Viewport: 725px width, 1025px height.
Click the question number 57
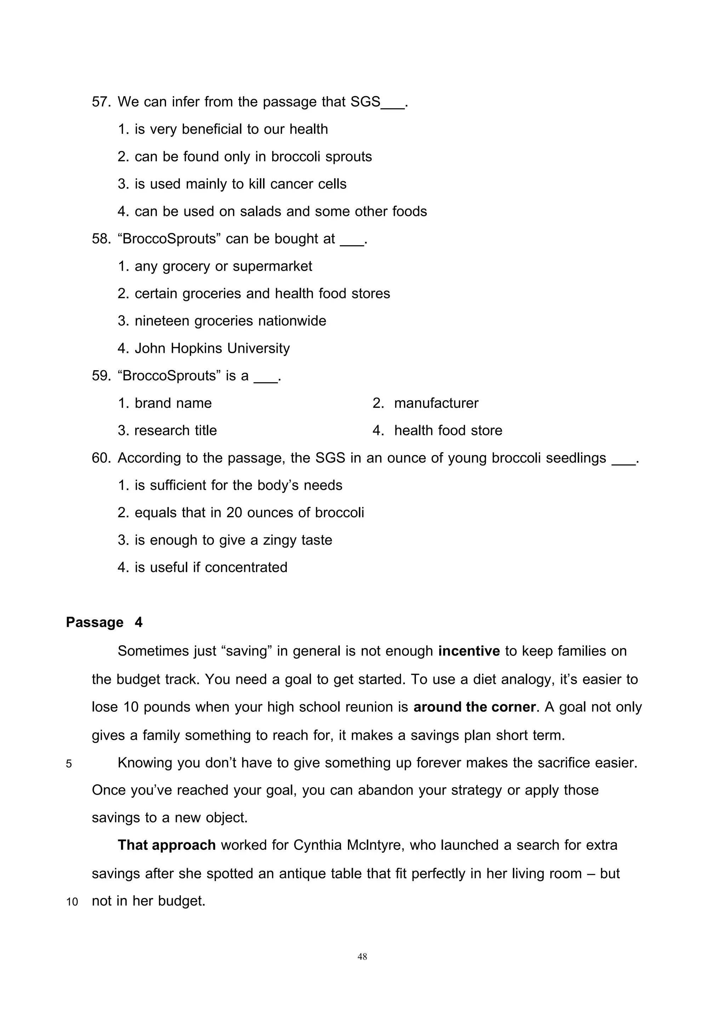(x=101, y=102)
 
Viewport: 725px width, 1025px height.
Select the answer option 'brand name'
(x=173, y=403)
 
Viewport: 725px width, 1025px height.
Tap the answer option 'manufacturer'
(x=436, y=403)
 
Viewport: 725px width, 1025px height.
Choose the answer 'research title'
(x=176, y=430)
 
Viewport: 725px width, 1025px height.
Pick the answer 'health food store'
(x=448, y=430)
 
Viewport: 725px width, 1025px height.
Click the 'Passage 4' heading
(x=104, y=622)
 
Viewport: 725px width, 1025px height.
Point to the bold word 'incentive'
(x=469, y=651)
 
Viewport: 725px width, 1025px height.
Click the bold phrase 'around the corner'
(x=474, y=707)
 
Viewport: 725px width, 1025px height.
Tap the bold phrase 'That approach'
(x=166, y=845)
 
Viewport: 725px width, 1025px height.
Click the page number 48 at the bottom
(x=362, y=957)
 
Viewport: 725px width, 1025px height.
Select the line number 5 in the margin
(x=69, y=764)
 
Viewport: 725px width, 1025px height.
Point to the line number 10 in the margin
(x=72, y=902)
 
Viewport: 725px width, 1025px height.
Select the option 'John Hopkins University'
(x=212, y=348)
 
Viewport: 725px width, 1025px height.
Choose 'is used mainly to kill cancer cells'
(x=240, y=184)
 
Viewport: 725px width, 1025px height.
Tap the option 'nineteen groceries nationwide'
(x=230, y=321)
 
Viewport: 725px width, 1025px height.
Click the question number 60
(x=101, y=458)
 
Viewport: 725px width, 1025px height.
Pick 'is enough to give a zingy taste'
(x=233, y=540)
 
